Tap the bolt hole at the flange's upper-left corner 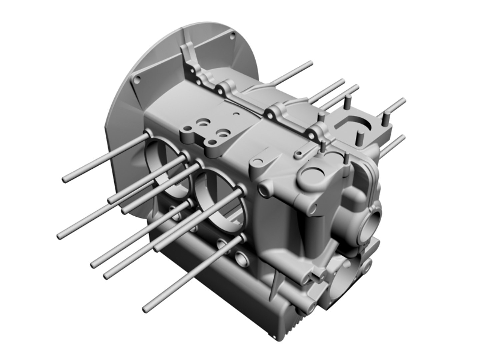point(137,80)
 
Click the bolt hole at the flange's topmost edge point(231,38)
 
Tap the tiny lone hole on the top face point(236,114)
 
